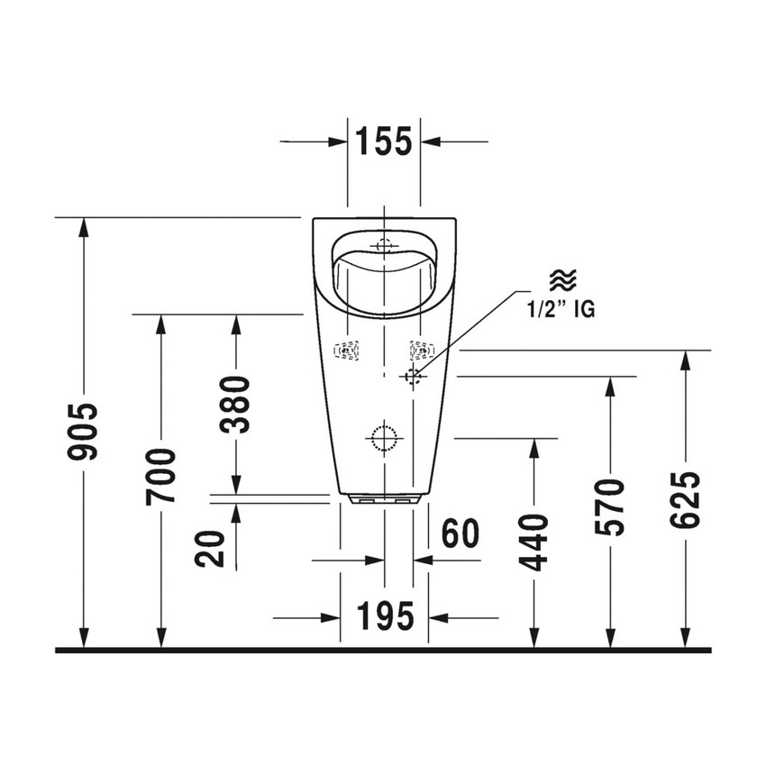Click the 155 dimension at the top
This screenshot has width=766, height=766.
383,141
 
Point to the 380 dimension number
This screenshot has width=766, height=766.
236,406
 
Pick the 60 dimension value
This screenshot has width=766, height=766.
459,533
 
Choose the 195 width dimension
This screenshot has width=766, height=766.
385,617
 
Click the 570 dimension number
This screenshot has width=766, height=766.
610,509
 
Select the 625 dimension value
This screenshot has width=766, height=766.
687,501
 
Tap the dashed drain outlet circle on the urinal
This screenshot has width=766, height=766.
383,437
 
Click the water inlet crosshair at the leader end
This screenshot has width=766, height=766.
414,376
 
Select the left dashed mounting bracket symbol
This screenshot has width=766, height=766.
345,351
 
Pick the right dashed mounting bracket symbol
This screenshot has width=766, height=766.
421,351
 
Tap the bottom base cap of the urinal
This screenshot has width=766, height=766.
384,498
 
